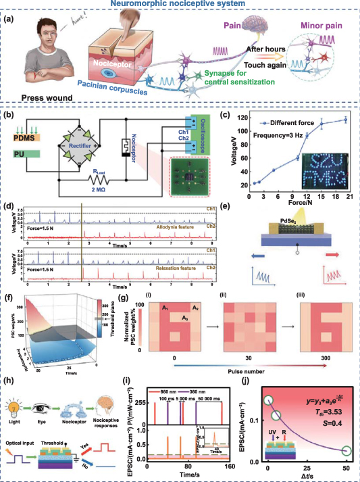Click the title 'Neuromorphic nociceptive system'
[x=180, y=5]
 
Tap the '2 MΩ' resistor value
[x=97, y=192]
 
